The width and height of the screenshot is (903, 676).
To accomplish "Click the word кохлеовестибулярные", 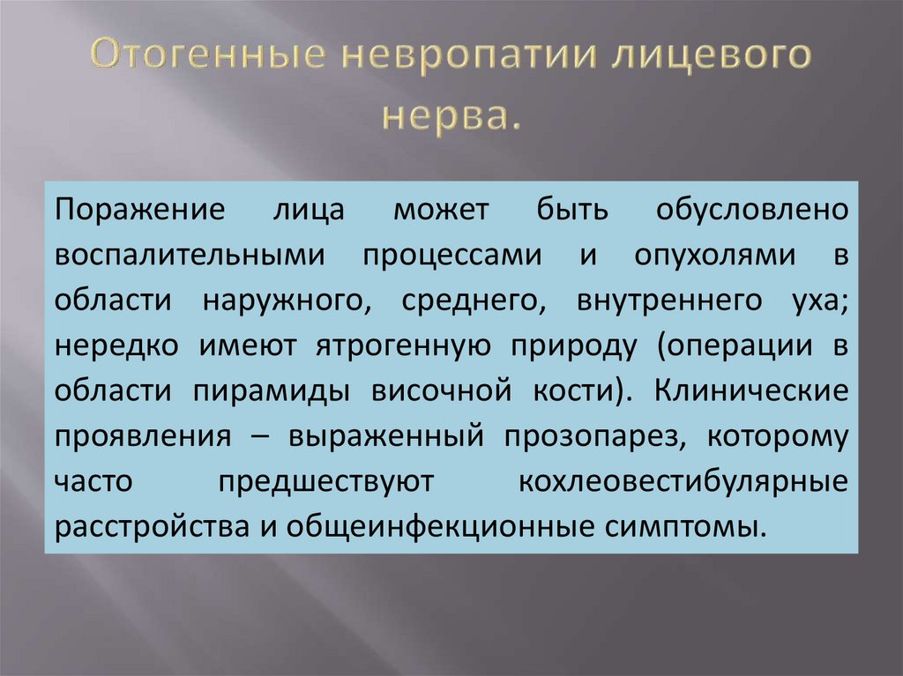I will tap(683, 482).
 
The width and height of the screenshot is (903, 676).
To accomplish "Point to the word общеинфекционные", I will tap(445, 527).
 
